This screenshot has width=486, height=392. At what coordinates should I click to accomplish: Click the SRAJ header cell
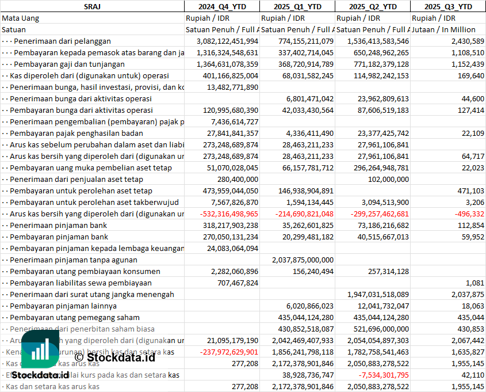[92, 6]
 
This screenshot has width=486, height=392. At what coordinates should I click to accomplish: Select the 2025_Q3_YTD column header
[448, 6]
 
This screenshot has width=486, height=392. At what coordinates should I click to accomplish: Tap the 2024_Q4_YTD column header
[221, 6]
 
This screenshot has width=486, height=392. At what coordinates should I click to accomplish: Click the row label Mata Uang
[21, 18]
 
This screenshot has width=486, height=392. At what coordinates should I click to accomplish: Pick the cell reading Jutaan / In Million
[444, 29]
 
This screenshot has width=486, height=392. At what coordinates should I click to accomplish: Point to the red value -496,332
[469, 214]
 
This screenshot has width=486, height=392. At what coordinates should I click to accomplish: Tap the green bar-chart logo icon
[40, 349]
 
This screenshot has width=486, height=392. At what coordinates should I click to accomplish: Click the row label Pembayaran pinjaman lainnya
[63, 306]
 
